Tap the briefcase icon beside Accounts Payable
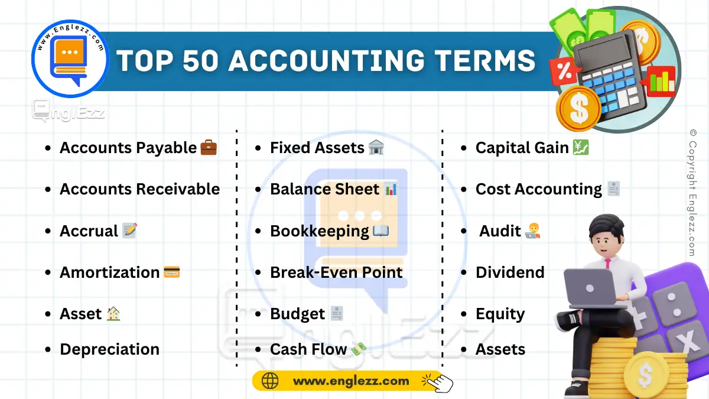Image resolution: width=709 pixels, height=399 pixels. click(209, 148)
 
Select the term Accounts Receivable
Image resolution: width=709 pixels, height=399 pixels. click(139, 189)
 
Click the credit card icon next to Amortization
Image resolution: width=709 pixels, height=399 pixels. click(172, 273)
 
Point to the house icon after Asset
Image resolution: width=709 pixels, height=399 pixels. click(113, 314)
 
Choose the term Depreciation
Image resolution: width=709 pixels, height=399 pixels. click(109, 349)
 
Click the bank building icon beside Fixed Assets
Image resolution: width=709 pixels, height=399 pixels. click(376, 148)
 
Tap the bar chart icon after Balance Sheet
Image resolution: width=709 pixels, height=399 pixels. click(391, 189)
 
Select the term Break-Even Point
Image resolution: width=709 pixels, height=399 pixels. click(336, 273)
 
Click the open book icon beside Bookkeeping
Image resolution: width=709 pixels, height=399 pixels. click(381, 231)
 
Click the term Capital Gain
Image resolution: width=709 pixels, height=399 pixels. click(522, 148)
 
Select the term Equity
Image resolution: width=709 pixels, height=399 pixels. click(500, 314)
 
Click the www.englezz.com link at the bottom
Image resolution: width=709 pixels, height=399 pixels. click(351, 381)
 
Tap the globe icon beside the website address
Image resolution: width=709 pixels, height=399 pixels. click(269, 381)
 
